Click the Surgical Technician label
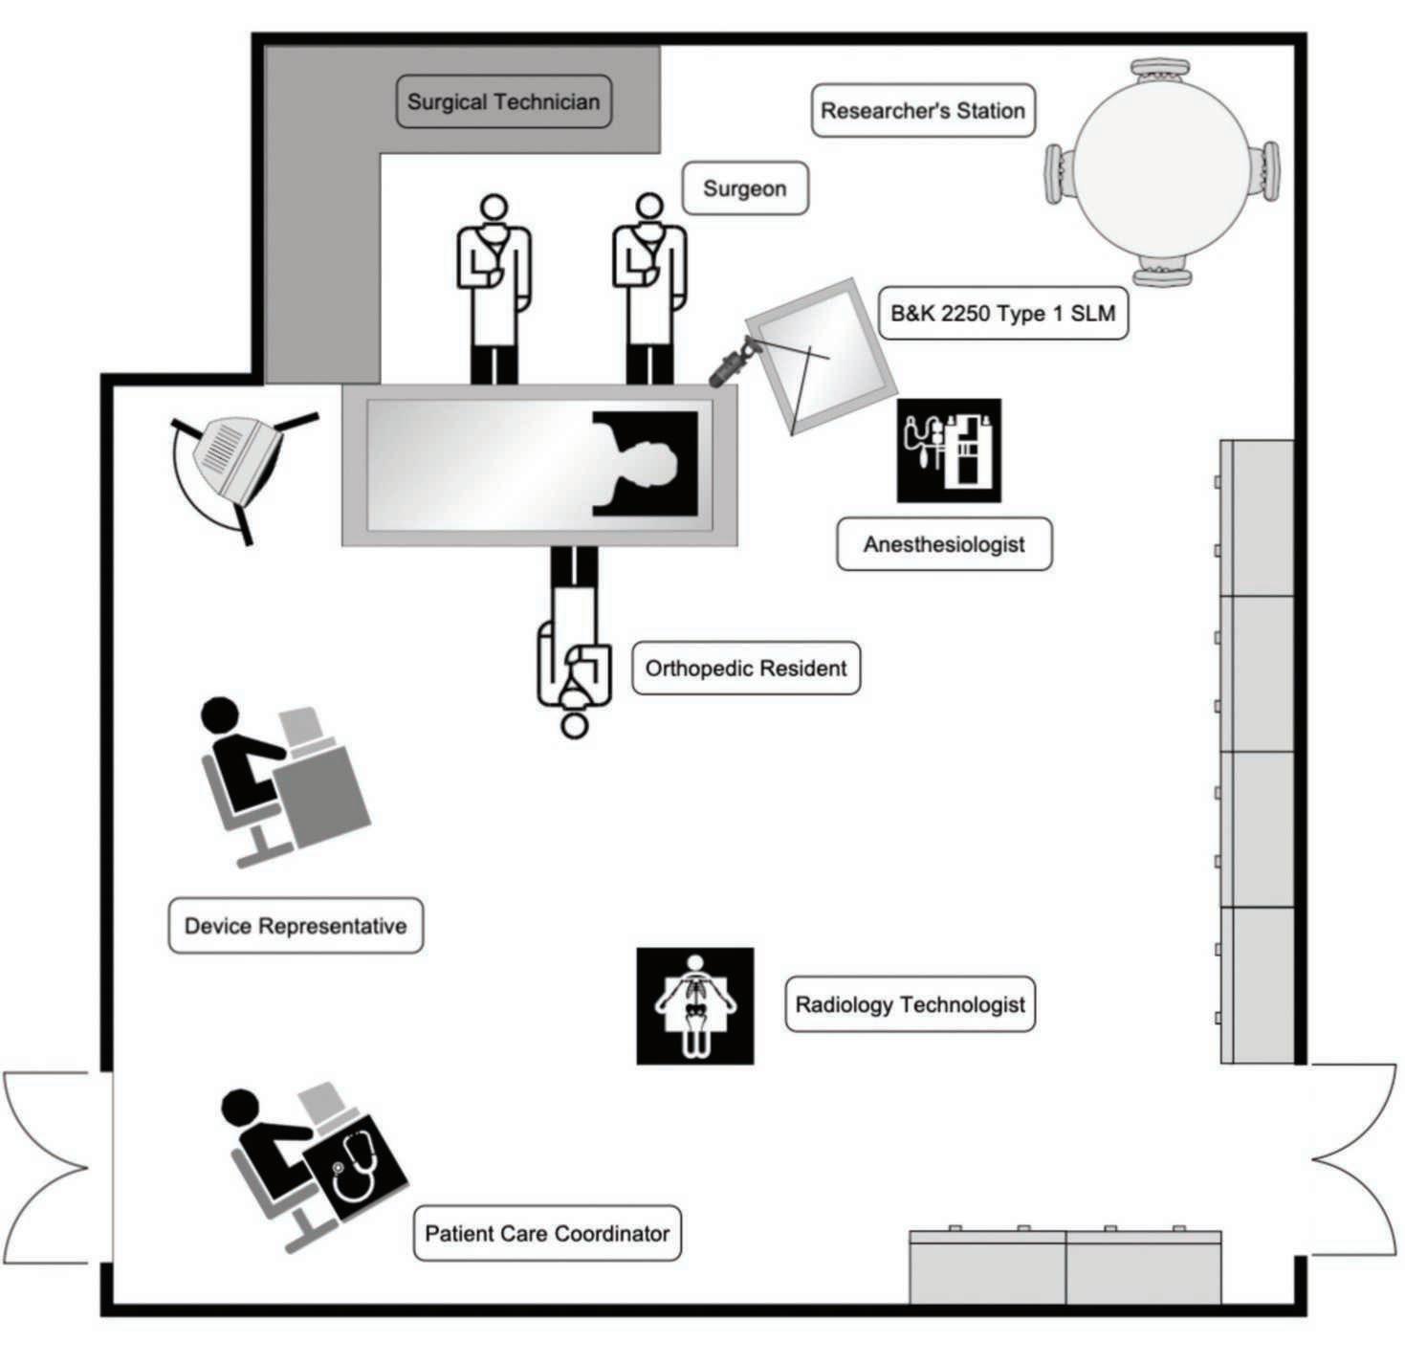click(x=503, y=102)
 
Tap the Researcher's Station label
click(x=923, y=111)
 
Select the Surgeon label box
click(x=744, y=188)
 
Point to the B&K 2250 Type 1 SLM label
click(x=1002, y=313)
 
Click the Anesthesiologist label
click(x=943, y=544)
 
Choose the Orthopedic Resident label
click(x=746, y=668)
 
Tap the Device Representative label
click(x=296, y=925)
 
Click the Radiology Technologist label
click(x=910, y=1004)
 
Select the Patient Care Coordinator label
click(x=547, y=1233)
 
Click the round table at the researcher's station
click(x=1162, y=172)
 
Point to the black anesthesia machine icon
click(x=949, y=451)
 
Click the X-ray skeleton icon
click(x=695, y=1005)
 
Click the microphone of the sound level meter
click(x=731, y=364)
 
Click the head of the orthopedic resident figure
click(x=573, y=725)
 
